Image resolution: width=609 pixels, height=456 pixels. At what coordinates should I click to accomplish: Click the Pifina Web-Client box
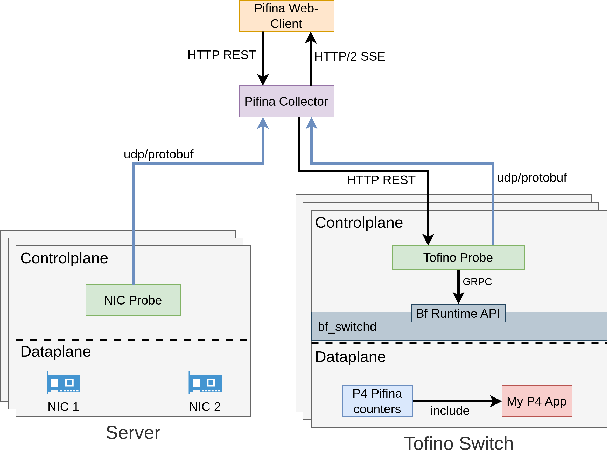click(286, 16)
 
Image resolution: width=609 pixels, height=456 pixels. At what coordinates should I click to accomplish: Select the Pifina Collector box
click(286, 101)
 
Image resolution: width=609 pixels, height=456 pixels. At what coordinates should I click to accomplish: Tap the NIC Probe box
click(133, 300)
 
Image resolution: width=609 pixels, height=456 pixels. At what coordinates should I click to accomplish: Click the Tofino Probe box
click(458, 257)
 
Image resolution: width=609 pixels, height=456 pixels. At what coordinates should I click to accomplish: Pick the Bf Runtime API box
click(458, 313)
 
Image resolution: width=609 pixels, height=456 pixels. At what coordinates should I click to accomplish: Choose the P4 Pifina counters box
click(377, 401)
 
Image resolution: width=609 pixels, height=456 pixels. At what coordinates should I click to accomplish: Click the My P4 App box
click(537, 401)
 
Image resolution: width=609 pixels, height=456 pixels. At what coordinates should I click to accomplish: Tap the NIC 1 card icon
click(64, 382)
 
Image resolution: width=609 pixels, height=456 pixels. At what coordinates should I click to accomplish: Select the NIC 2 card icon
click(205, 382)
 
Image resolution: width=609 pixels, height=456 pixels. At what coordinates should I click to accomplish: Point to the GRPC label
click(477, 282)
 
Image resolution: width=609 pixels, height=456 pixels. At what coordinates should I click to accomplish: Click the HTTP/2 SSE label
click(350, 56)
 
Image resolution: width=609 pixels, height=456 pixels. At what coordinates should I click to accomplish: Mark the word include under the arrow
click(450, 410)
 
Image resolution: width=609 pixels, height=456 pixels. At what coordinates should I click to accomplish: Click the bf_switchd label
click(347, 327)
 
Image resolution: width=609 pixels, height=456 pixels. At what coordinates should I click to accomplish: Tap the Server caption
click(133, 433)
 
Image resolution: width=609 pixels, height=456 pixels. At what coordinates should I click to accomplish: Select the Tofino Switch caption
click(459, 444)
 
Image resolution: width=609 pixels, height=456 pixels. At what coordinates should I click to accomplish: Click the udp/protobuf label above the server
click(159, 154)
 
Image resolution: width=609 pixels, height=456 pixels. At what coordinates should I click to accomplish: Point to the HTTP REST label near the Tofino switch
click(381, 180)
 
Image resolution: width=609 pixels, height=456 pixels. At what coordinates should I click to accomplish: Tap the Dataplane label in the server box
click(56, 351)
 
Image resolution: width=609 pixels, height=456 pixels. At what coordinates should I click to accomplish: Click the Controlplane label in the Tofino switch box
click(359, 222)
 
